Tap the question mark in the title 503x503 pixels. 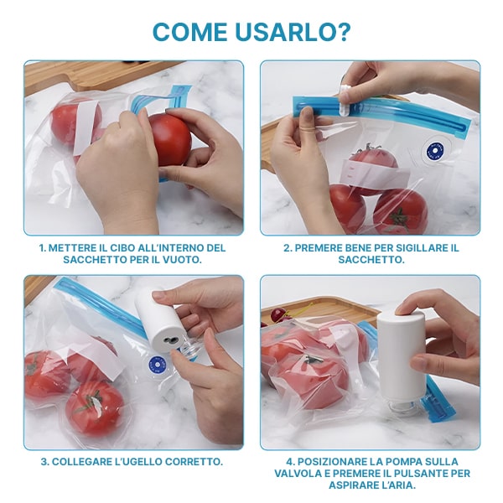click(x=340, y=32)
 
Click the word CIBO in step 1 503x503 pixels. click(x=122, y=248)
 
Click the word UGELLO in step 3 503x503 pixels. click(x=140, y=462)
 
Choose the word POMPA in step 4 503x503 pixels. click(x=403, y=462)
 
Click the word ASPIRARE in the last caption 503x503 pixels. click(x=354, y=485)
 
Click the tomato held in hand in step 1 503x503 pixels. click(x=171, y=139)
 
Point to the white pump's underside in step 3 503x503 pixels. click(x=168, y=340)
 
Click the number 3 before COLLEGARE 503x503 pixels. click(x=44, y=462)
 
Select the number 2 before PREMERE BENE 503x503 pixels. click(x=287, y=248)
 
